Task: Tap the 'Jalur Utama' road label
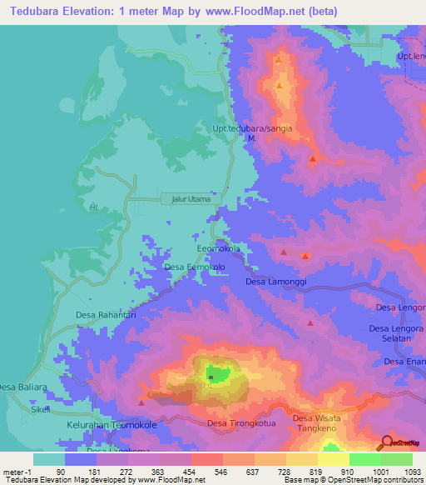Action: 191,200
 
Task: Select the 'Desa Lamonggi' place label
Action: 276,282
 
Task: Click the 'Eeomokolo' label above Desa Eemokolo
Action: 218,249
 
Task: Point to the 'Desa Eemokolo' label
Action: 195,267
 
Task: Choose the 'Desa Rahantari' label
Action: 106,315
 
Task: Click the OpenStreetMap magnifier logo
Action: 388,442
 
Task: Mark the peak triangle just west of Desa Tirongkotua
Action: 141,403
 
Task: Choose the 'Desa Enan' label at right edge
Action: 405,361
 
